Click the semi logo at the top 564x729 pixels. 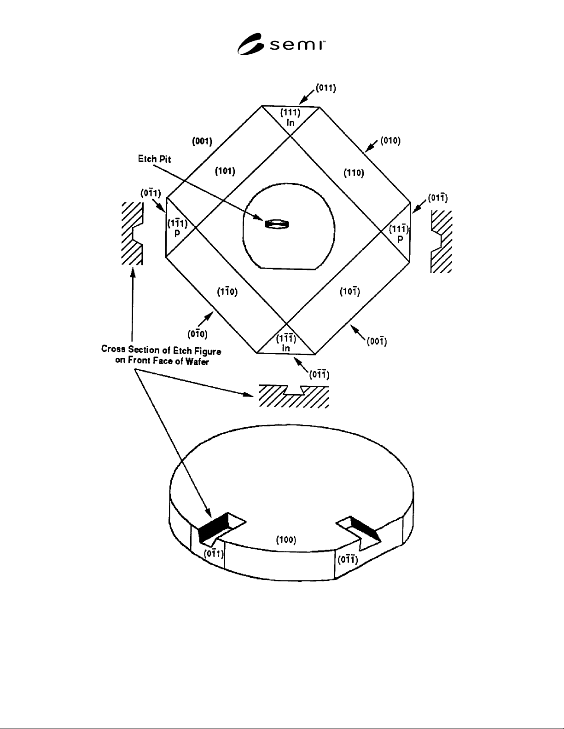click(281, 44)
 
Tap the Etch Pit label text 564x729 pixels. click(154, 159)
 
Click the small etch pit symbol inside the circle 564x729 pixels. click(277, 224)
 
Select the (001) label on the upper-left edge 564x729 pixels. click(202, 141)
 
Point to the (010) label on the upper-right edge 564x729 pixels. click(390, 141)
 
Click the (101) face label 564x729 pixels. click(225, 171)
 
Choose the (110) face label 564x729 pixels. click(354, 173)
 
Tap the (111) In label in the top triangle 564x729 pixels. click(291, 117)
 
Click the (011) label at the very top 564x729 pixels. click(326, 88)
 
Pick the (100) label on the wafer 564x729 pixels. click(286, 540)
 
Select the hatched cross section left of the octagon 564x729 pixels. click(132, 234)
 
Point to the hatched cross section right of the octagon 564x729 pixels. click(441, 241)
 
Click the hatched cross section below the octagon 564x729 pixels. click(293, 396)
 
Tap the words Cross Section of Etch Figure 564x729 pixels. click(161, 350)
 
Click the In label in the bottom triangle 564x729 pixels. click(286, 348)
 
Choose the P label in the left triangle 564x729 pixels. click(177, 232)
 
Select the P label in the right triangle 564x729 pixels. click(400, 239)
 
